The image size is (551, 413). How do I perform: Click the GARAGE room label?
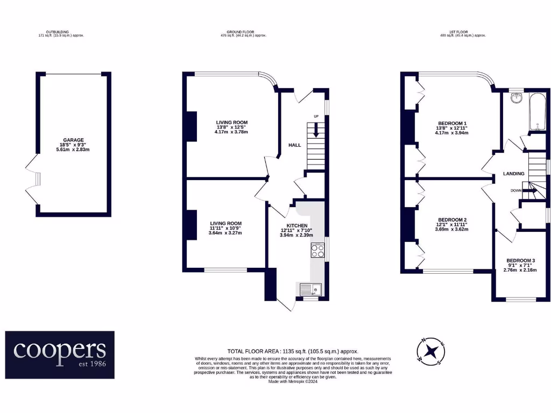click(73, 140)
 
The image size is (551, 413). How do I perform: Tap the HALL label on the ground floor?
click(295, 145)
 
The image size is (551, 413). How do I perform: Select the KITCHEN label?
click(296, 226)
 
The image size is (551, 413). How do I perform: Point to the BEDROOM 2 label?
click(452, 220)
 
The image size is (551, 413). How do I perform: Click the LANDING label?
click(514, 174)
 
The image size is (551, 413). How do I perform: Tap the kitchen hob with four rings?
click(317, 251)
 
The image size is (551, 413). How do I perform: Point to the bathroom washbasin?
click(516, 97)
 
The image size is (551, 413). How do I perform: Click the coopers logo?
click(60, 354)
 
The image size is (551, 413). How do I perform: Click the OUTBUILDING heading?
click(61, 32)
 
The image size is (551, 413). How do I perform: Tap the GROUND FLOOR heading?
click(243, 32)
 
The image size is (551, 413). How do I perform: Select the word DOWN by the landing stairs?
click(516, 190)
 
